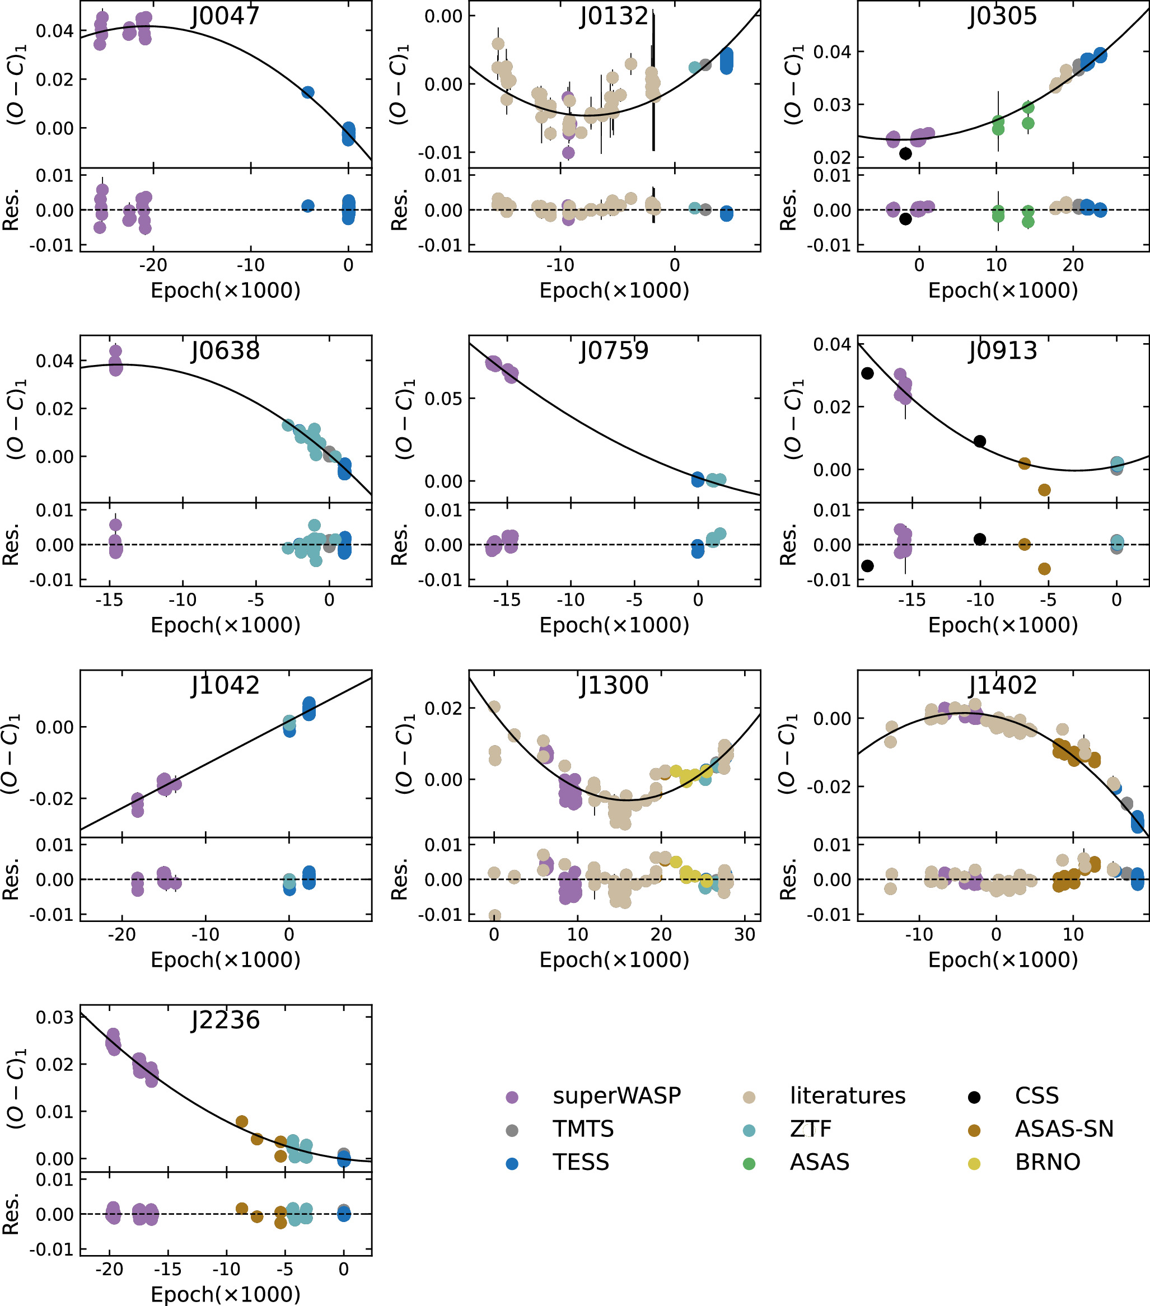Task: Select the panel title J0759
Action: point(614,351)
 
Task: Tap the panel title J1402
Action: point(1002,686)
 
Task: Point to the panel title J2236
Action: point(226,1021)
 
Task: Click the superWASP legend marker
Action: point(512,1098)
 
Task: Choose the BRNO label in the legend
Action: point(1048,1162)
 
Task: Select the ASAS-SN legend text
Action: point(1064,1129)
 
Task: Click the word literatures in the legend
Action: point(848,1096)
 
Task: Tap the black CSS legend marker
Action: point(974,1098)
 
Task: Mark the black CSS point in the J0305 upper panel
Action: point(905,153)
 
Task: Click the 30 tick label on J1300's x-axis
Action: point(745,935)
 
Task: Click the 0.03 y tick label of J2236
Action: point(54,1018)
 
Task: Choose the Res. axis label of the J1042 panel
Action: point(12,880)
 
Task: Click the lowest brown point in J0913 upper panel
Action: point(1045,490)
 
